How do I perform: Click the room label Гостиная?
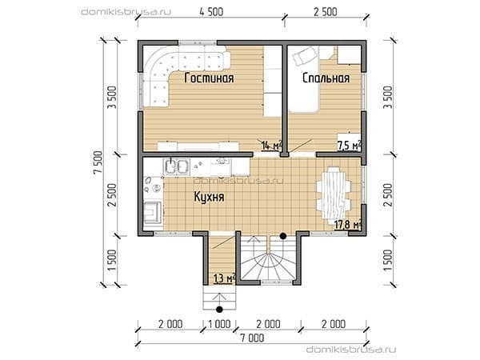tap(210, 78)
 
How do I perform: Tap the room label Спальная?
tap(326, 78)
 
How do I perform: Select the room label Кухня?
tap(209, 197)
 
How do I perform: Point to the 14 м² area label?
tap(271, 146)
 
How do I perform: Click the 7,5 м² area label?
tap(349, 146)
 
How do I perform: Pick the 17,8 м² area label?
tap(348, 225)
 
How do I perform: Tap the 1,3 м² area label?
tap(224, 278)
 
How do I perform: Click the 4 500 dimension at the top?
tap(211, 12)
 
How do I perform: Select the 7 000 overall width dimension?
tap(252, 338)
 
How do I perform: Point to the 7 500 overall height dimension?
tap(98, 162)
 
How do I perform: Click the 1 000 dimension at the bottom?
tap(219, 324)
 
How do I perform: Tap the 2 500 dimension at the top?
tap(325, 12)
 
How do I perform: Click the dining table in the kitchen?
tap(334, 192)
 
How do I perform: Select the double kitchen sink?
tap(177, 167)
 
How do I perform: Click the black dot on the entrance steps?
tap(219, 309)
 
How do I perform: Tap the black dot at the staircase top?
tap(283, 236)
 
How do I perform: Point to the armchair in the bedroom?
tap(305, 56)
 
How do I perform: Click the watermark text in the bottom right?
tap(351, 350)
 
